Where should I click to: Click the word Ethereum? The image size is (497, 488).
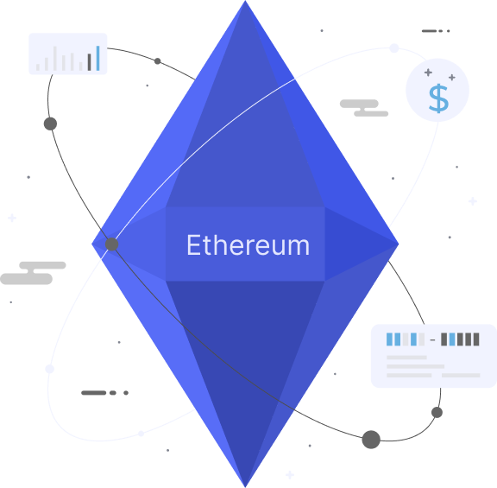(248, 244)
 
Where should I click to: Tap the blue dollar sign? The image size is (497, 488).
(438, 98)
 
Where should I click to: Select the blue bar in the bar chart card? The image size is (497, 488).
(98, 58)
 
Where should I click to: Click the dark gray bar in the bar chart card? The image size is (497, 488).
(90, 62)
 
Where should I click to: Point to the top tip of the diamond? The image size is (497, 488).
(245, 1)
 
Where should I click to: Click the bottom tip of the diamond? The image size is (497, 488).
(245, 487)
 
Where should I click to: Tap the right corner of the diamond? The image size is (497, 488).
(399, 244)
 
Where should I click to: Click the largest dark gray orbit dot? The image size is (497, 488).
(371, 440)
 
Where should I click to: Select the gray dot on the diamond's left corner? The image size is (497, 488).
(112, 244)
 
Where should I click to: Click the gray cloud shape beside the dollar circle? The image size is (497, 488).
(364, 108)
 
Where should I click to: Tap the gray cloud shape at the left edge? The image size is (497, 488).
(33, 273)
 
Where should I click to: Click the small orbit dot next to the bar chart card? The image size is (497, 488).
(158, 61)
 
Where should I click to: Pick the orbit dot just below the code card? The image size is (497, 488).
(437, 413)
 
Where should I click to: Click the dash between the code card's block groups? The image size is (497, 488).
(432, 339)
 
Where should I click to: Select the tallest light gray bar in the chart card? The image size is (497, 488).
(55, 59)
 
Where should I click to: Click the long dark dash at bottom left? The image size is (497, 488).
(94, 393)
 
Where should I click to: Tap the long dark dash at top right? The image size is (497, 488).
(429, 31)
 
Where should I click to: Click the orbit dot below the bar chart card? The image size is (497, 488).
(50, 124)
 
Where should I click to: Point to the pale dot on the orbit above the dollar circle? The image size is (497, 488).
(394, 48)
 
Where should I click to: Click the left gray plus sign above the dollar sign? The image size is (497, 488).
(428, 73)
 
